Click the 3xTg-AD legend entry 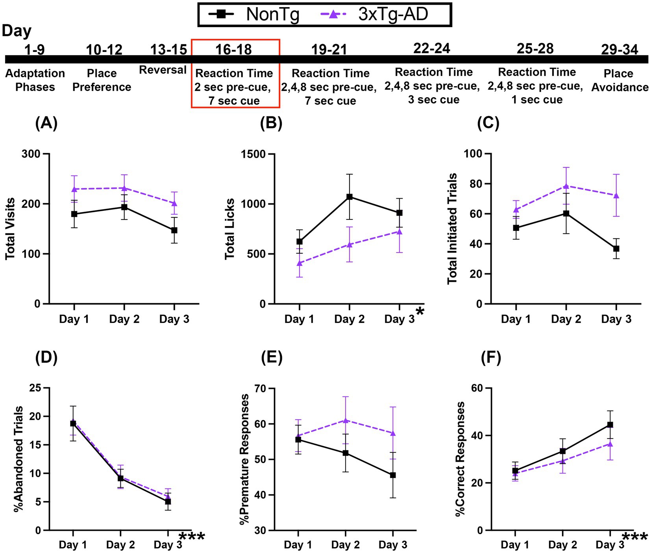pos(374,15)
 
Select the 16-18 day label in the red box pos(233,50)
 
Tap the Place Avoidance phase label pos(620,80)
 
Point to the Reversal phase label pos(163,70)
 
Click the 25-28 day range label pos(535,49)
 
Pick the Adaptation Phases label pos(35,80)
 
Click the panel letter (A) pos(46,124)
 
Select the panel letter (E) pos(272,358)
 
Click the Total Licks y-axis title pos(230,229)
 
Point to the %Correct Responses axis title pos(460,459)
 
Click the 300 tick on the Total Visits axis pos(31,154)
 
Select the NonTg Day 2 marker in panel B pos(349,197)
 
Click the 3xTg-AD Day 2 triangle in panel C pos(566,186)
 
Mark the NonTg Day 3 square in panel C pos(616,249)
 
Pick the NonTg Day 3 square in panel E pos(392,475)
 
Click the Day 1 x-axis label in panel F pos(515,545)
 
